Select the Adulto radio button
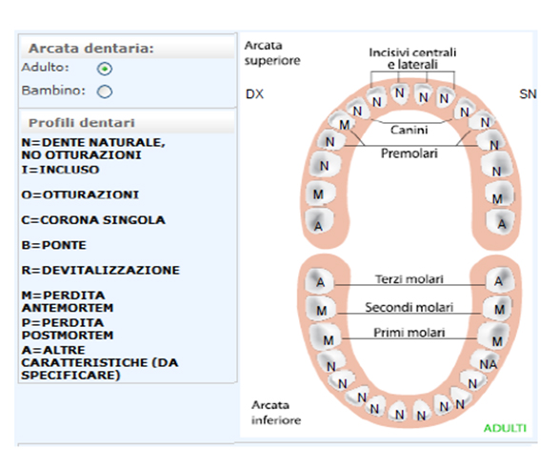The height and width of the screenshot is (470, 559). [x=105, y=69]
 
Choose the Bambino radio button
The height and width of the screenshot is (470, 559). [x=105, y=92]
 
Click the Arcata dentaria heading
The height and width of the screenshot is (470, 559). [x=90, y=49]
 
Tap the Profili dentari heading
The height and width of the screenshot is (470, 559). [x=82, y=123]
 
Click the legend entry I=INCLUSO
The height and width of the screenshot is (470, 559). [x=60, y=170]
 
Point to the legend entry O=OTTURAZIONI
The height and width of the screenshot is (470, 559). [x=80, y=194]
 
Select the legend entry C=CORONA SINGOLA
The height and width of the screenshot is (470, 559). [x=93, y=220]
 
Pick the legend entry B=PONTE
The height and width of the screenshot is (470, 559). [x=54, y=245]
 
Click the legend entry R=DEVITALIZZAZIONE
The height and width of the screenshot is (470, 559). [x=101, y=270]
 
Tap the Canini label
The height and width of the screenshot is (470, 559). [x=409, y=130]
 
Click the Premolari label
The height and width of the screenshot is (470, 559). [x=409, y=153]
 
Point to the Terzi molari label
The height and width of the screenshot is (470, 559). [x=409, y=278]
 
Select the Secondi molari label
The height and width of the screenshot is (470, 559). [x=409, y=307]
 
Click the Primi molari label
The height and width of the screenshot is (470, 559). [x=409, y=333]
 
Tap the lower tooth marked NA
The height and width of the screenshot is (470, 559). [x=488, y=362]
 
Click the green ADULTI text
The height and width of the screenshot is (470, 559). [x=505, y=428]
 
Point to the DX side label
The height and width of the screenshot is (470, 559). [x=254, y=94]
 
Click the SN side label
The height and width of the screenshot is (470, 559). [x=528, y=94]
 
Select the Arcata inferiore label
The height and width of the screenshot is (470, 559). [x=276, y=413]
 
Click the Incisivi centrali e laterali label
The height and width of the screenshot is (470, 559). [x=412, y=58]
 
